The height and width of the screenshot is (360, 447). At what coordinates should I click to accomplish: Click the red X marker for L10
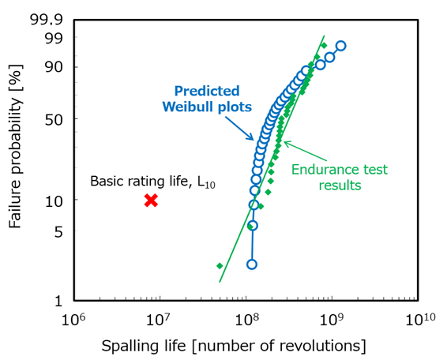(151, 201)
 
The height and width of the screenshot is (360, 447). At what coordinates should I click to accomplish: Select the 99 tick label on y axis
(52, 37)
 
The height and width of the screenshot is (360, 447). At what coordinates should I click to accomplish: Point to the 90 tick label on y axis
(52, 67)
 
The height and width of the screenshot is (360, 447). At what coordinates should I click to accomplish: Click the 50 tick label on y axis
(52, 119)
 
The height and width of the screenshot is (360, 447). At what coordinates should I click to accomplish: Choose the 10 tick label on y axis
(52, 201)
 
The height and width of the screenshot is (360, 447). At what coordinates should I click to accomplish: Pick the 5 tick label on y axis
(56, 231)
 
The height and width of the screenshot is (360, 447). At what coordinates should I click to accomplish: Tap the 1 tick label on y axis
(56, 301)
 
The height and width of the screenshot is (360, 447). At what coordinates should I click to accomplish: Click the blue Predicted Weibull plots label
(207, 99)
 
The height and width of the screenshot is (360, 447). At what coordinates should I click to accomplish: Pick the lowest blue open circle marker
(252, 264)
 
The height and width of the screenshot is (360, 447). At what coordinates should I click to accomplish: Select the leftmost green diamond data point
(219, 266)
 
